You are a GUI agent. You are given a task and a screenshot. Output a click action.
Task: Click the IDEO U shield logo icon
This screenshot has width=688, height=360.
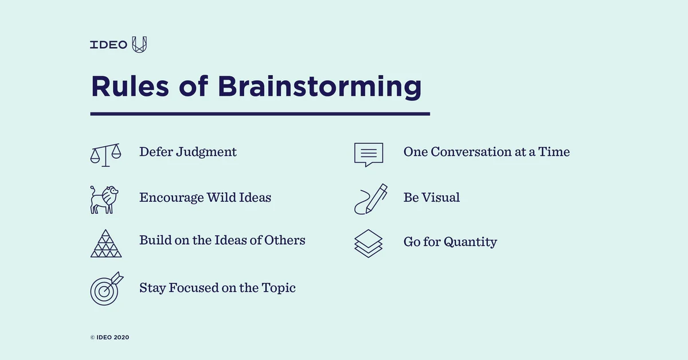[x=139, y=45]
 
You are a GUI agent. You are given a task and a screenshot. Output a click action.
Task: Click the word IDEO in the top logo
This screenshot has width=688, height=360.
[x=108, y=45]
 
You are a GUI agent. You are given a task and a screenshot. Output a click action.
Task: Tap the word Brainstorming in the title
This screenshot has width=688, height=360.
[x=319, y=87]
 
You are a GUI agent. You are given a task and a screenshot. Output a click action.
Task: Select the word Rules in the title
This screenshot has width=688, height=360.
[x=130, y=87]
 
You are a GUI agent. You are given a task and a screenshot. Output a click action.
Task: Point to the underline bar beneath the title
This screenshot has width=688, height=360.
[x=260, y=114]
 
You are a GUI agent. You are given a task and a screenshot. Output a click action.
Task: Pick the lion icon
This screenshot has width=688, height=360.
[x=104, y=199]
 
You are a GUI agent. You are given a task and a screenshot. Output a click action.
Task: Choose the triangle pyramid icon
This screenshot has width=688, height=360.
[x=106, y=243]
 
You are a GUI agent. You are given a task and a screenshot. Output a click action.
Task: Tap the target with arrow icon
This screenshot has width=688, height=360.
[x=105, y=288]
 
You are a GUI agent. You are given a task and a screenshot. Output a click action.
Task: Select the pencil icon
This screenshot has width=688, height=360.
[x=370, y=199]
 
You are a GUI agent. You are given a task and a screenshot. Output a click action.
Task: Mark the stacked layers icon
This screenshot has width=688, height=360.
[x=368, y=243]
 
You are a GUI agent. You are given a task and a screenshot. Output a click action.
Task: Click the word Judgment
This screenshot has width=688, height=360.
[x=206, y=152]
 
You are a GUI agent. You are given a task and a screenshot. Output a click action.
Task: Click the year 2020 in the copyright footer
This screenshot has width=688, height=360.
[x=121, y=338]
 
